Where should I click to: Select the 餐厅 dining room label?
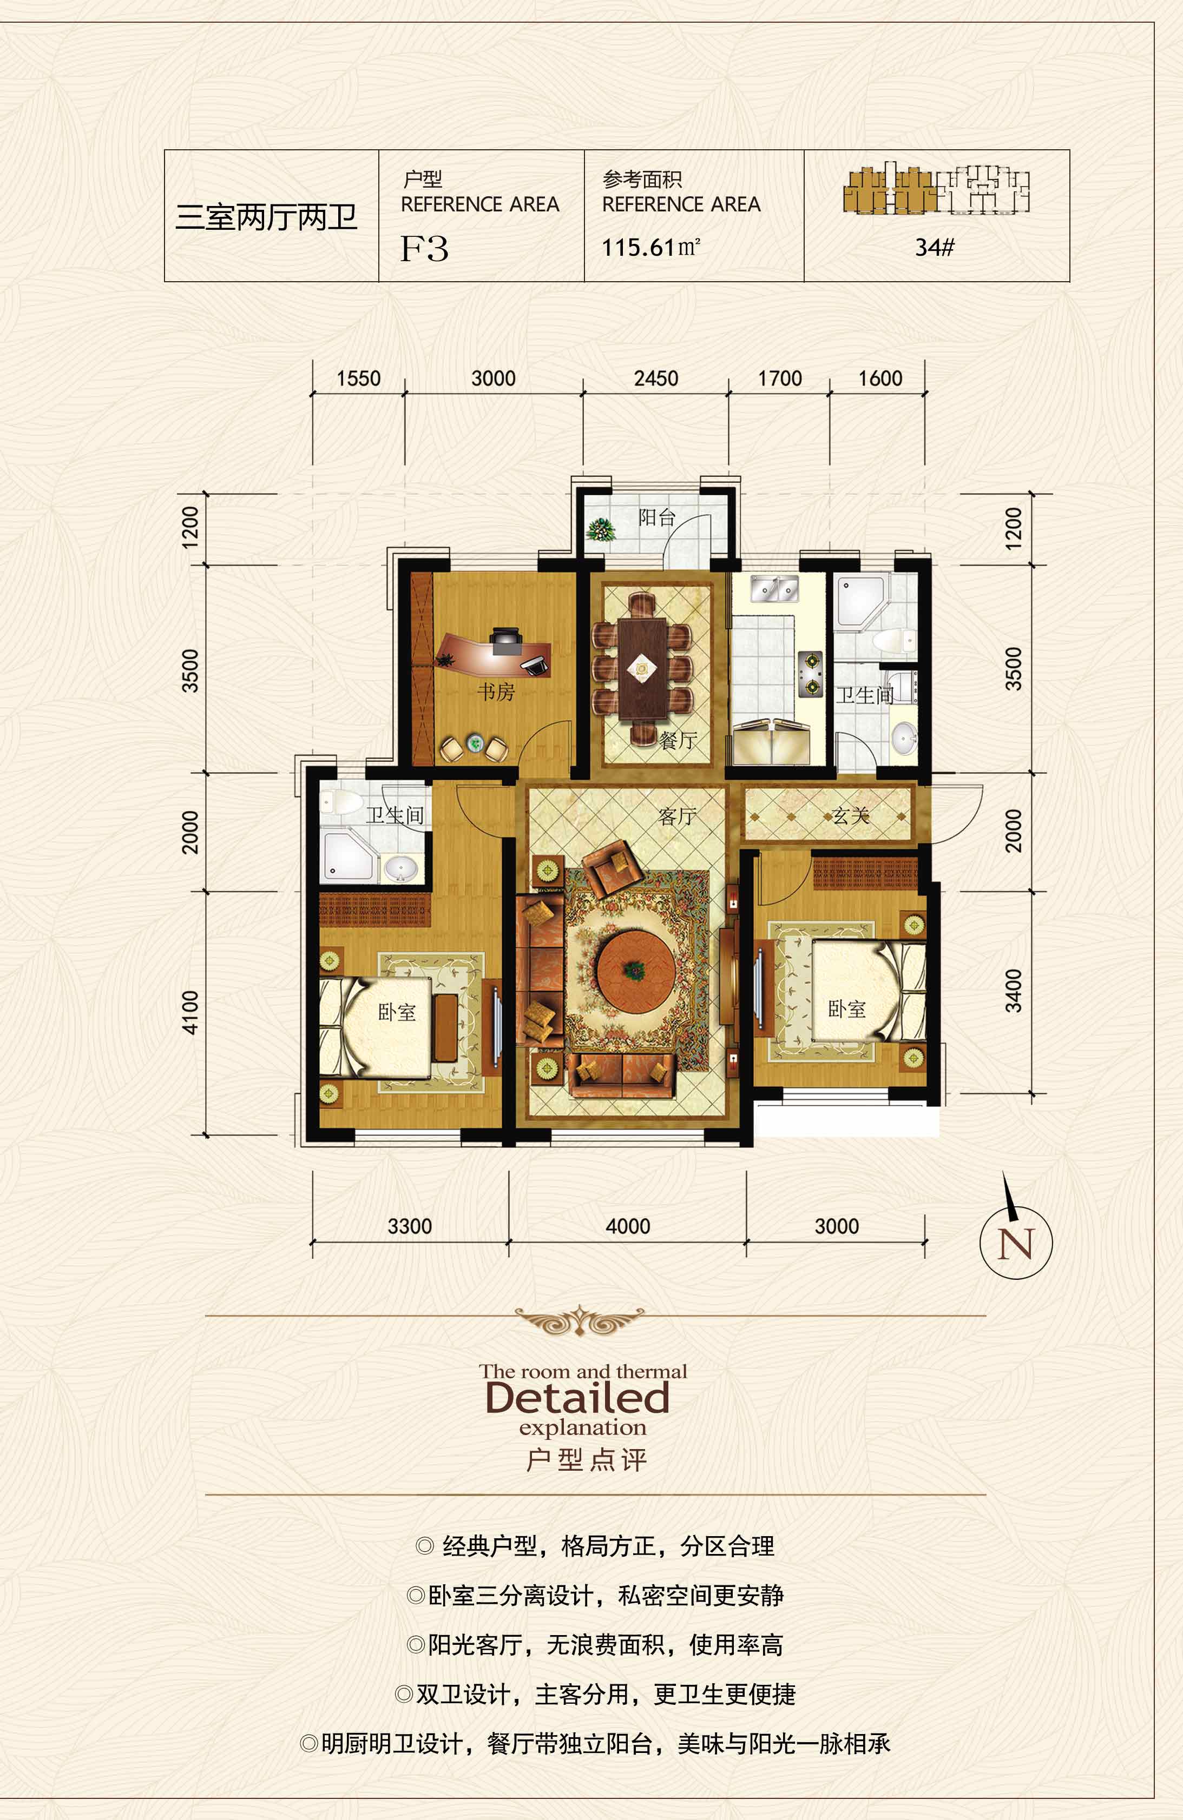click(x=678, y=740)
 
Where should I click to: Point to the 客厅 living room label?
click(x=676, y=816)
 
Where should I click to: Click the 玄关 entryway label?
click(x=851, y=815)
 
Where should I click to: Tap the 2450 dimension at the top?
click(x=656, y=378)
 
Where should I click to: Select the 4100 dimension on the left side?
click(x=190, y=1013)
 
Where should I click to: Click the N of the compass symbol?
click(x=1015, y=1244)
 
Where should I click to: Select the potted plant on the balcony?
click(x=601, y=529)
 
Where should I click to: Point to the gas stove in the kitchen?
click(x=810, y=674)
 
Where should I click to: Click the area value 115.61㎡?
click(x=651, y=247)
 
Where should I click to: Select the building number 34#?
click(x=934, y=247)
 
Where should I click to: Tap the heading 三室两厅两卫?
click(x=266, y=217)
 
